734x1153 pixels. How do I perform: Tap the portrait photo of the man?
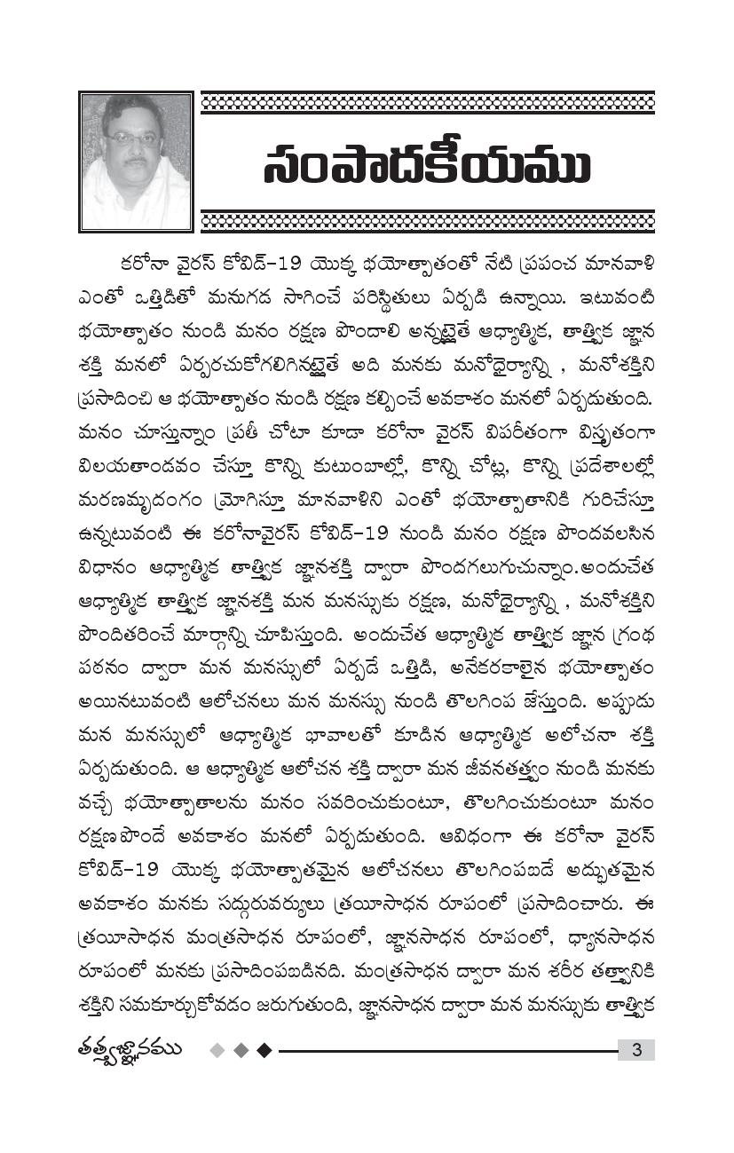click(136, 162)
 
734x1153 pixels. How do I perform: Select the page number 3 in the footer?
click(635, 1050)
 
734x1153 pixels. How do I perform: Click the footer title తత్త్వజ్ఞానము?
click(130, 1049)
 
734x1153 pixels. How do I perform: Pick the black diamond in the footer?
click(263, 1050)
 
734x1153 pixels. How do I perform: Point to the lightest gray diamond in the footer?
click(217, 1050)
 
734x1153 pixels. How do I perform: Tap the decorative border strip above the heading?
click(427, 103)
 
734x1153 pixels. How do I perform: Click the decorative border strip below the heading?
click(427, 222)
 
